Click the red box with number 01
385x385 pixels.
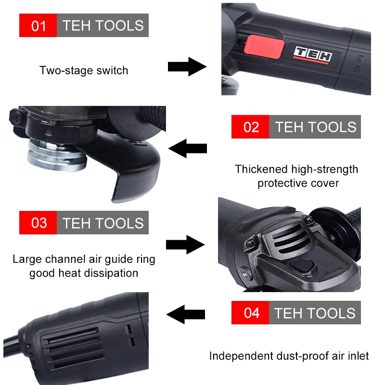click(38, 26)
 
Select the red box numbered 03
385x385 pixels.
click(38, 223)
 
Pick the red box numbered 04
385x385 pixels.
click(251, 313)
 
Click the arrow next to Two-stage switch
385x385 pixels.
click(187, 66)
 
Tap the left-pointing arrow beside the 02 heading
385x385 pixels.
click(187, 148)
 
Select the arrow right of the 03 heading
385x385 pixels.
click(185, 244)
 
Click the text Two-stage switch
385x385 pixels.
click(84, 70)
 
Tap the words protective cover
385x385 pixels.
click(298, 183)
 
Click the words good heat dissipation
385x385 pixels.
click(84, 273)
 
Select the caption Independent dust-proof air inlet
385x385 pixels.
click(289, 356)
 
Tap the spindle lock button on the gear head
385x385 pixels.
click(303, 265)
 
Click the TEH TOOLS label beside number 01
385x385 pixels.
click(103, 26)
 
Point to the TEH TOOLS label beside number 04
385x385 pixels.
click(315, 313)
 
